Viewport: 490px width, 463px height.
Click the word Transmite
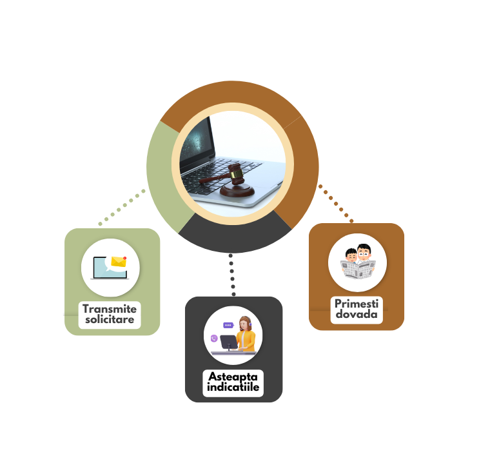[110, 309]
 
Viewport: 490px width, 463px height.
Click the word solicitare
[110, 320]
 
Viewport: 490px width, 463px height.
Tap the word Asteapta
[233, 377]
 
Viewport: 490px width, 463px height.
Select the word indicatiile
[233, 388]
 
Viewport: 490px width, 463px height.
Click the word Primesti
[357, 304]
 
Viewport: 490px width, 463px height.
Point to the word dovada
[357, 315]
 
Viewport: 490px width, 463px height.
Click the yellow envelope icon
[118, 262]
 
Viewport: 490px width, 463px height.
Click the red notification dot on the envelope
[124, 258]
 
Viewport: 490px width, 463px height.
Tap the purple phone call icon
[214, 338]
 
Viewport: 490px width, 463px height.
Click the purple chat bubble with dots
[227, 326]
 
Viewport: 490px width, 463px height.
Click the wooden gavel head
[236, 173]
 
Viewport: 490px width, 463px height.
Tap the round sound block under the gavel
[237, 191]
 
